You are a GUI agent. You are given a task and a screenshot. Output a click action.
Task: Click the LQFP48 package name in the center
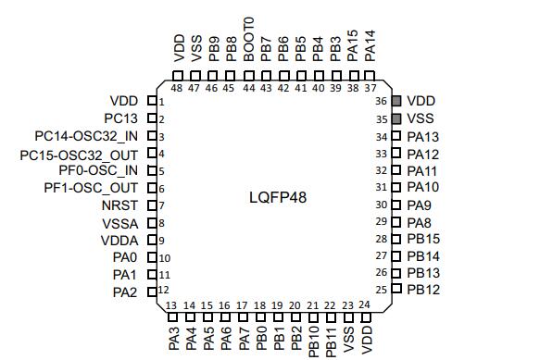[x=278, y=197]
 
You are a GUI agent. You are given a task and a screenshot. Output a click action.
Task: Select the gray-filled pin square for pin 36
[x=396, y=101]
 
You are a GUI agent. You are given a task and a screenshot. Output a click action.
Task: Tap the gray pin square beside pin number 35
[x=396, y=118]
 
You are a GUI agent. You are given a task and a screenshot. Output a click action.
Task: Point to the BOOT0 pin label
[x=248, y=39]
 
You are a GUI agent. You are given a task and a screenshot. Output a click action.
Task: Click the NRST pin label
[x=119, y=205]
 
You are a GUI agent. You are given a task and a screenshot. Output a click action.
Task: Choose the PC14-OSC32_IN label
[x=86, y=136]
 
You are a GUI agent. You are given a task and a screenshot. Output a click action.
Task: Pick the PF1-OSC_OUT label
[x=91, y=188]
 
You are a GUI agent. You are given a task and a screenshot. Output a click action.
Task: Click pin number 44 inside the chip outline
[x=249, y=88]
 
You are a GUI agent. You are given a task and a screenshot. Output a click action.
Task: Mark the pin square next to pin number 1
[x=152, y=101]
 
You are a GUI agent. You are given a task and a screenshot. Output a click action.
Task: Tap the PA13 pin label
[x=423, y=137]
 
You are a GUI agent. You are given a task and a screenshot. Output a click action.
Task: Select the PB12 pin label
[x=423, y=290]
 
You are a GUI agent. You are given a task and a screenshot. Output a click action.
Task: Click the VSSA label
[x=120, y=224]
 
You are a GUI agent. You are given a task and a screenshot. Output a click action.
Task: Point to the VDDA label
[x=119, y=241]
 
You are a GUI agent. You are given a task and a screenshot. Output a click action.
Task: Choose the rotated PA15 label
[x=353, y=45]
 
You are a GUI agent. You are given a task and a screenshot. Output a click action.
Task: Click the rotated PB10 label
[x=314, y=341]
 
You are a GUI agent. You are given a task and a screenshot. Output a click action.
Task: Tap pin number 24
[x=364, y=304]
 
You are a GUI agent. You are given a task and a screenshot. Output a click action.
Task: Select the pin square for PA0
[x=152, y=257]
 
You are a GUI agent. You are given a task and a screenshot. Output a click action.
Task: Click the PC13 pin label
[x=121, y=118]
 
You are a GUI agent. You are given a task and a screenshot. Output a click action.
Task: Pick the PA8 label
[x=419, y=223]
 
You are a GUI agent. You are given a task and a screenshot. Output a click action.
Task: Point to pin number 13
[x=171, y=305]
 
